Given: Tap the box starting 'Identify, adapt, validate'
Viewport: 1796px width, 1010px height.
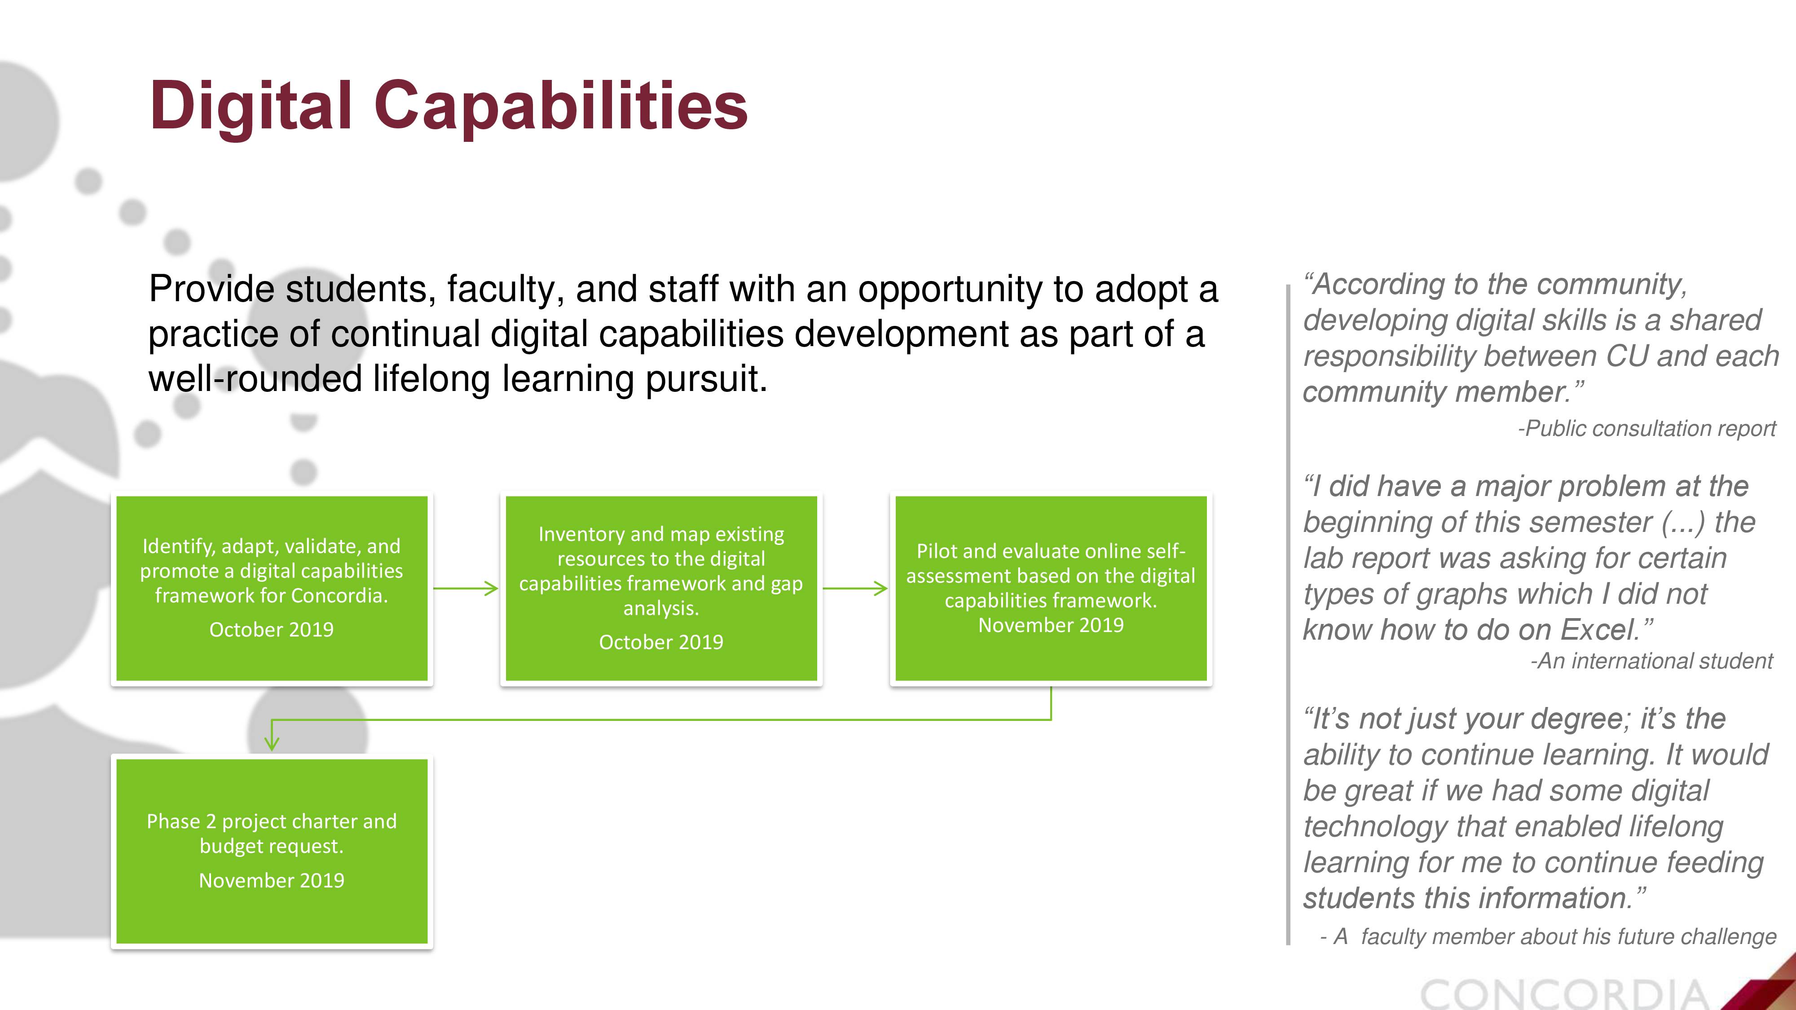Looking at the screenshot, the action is (x=272, y=588).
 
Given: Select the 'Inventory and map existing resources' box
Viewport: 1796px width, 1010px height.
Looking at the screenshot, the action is (x=661, y=588).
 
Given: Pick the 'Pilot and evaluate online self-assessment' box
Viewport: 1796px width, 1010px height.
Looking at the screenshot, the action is (x=1051, y=588).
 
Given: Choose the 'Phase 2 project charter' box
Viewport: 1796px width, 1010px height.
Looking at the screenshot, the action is (x=272, y=851).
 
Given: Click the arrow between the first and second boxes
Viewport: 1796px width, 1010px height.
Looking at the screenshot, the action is (x=466, y=588).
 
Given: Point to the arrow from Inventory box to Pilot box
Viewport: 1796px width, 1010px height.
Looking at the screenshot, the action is (x=855, y=588).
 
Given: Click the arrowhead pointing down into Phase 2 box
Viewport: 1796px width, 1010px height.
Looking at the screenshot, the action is (x=272, y=743).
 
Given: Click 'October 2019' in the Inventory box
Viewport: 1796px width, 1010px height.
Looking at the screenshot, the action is (x=661, y=642).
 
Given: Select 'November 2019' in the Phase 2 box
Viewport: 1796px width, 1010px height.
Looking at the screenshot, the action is (x=272, y=880).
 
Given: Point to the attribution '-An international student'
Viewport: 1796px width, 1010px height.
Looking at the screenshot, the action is (x=1651, y=661).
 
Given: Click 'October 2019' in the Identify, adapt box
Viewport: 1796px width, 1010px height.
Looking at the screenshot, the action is (x=272, y=629).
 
